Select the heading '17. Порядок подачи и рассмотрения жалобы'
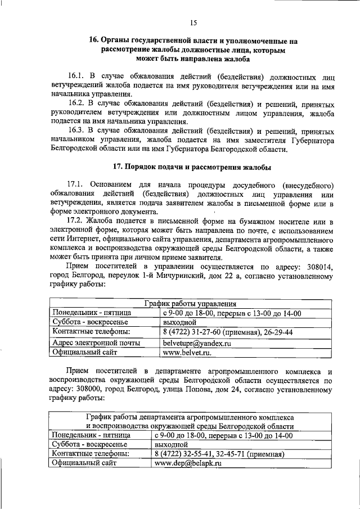click(192, 167)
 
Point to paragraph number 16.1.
click(76, 75)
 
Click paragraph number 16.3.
click(76, 131)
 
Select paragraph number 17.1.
click(76, 185)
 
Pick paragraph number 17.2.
click(76, 226)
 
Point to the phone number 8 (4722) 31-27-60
click(190, 332)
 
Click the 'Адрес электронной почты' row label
click(96, 342)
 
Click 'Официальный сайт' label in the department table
click(84, 463)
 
